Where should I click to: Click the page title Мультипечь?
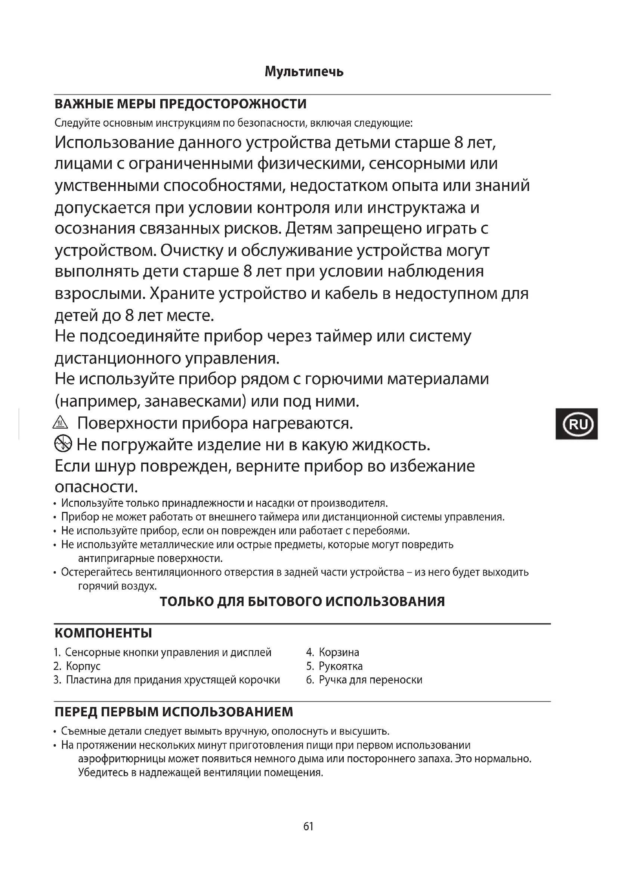[x=304, y=72]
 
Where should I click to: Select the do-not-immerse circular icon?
[x=63, y=444]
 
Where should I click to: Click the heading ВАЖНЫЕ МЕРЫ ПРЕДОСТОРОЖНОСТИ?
[x=180, y=104]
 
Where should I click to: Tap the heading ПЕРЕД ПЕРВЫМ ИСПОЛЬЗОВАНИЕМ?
[x=173, y=711]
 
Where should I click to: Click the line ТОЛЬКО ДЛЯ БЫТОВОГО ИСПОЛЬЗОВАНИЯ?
[x=302, y=602]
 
